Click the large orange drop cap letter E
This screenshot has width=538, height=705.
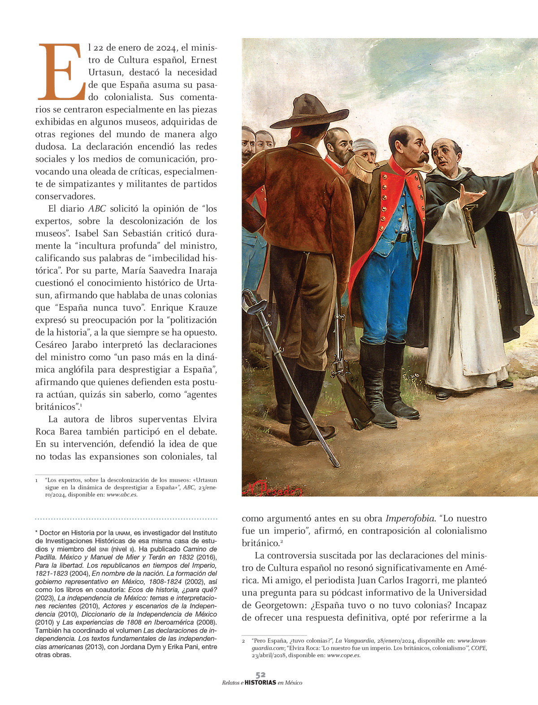[61, 72]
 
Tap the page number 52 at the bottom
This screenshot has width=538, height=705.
[260, 675]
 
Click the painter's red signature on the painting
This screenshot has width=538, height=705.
[272, 490]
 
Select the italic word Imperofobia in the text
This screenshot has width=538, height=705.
[410, 518]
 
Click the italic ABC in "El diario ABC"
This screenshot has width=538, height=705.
[97, 209]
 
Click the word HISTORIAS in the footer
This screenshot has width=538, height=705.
[260, 683]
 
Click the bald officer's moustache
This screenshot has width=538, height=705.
[423, 157]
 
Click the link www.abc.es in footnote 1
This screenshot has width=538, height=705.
[122, 495]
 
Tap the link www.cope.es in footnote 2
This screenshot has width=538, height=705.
[343, 655]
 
